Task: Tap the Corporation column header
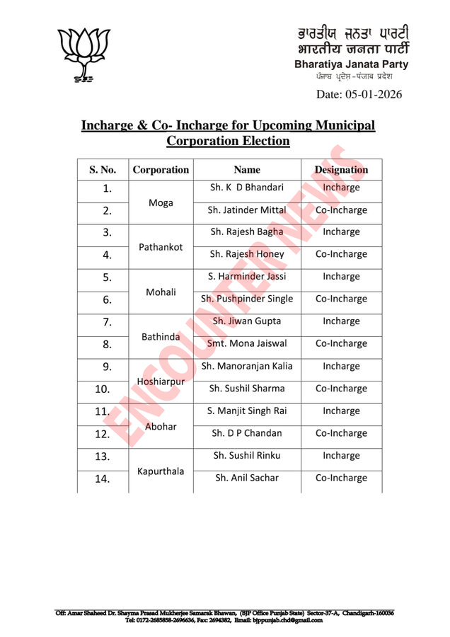161,170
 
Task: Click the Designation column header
341,170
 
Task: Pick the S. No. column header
103,170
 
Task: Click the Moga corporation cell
161,202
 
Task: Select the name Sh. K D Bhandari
247,188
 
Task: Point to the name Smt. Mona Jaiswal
247,343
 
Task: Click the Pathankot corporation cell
161,247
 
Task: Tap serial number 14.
103,479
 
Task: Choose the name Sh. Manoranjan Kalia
247,366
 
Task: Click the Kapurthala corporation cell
161,470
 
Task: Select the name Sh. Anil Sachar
247,478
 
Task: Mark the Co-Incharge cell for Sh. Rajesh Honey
341,254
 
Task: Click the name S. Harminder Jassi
247,276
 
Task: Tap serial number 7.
107,322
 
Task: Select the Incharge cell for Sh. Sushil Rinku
341,456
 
